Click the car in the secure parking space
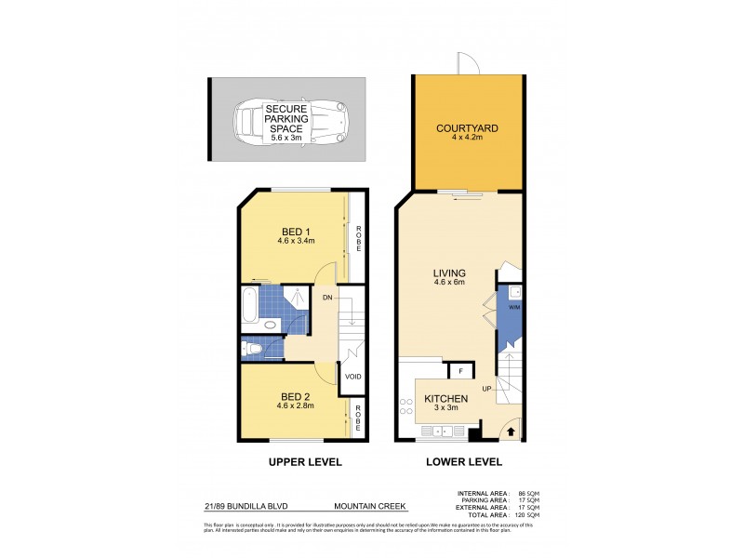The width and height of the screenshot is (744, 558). point(280,122)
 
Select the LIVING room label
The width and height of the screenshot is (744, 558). point(448,273)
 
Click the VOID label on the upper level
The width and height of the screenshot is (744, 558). point(352,377)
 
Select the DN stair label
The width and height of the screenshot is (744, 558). point(327,298)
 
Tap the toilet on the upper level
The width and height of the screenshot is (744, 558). point(248,349)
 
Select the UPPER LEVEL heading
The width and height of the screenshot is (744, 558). point(305,462)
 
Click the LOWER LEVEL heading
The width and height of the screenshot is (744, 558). point(464,462)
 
